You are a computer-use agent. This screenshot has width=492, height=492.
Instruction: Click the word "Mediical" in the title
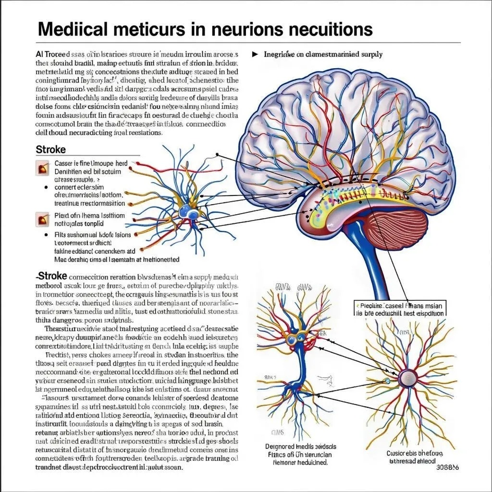[x=72, y=29]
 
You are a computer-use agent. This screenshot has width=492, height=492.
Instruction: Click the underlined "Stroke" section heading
[x=51, y=149]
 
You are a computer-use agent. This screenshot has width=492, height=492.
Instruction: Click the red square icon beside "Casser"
[x=41, y=168]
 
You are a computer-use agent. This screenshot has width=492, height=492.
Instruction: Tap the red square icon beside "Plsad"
[x=41, y=220]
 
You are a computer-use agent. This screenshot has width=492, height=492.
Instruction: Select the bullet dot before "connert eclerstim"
[x=46, y=187]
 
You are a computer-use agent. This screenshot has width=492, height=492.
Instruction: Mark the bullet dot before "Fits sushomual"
[x=46, y=235]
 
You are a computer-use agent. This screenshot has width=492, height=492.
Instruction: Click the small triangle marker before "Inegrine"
[x=255, y=54]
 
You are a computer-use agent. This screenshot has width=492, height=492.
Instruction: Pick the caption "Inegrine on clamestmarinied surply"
[x=323, y=54]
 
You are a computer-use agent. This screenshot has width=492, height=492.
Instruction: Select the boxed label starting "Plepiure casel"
[x=400, y=308]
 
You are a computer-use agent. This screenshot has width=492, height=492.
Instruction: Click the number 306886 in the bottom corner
[x=447, y=467]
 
